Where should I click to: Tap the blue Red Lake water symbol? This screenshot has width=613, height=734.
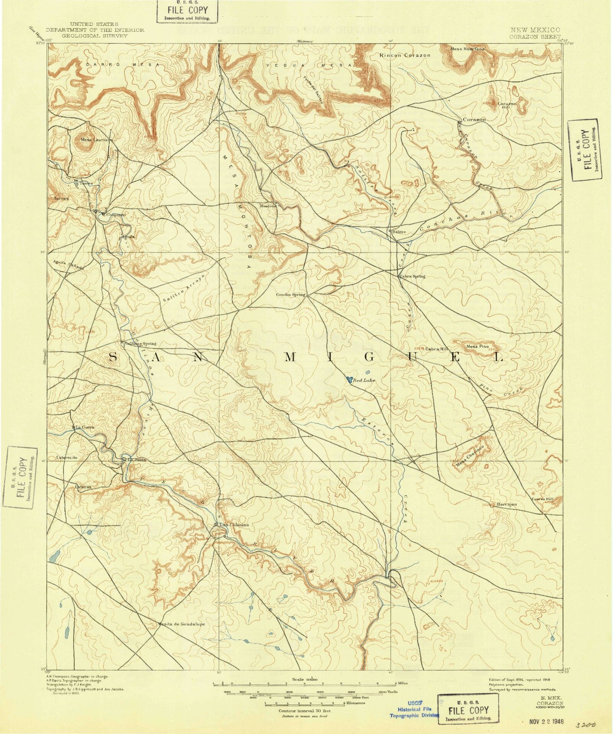point(350,380)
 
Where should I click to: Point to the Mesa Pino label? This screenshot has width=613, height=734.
point(478,346)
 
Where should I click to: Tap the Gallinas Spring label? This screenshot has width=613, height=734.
point(142,344)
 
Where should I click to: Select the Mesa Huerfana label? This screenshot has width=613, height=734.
point(467,49)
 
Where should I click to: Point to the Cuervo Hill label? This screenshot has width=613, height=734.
point(543,499)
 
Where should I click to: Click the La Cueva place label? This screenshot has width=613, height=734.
point(84,427)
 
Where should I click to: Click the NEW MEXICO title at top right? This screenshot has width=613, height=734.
point(535,30)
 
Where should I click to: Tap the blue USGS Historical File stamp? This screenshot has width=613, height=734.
point(414,709)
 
